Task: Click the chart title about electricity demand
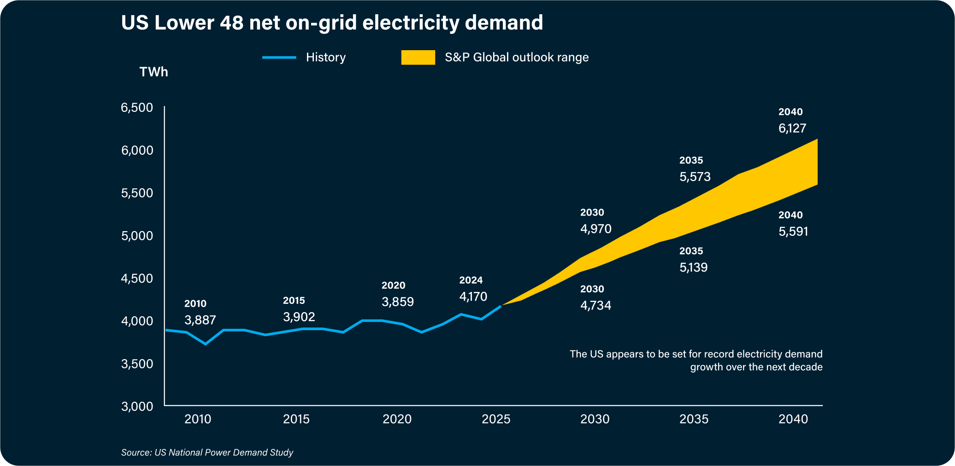[x=332, y=23]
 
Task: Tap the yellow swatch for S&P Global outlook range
[x=418, y=58]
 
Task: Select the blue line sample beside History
[x=279, y=58]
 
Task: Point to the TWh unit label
[x=153, y=72]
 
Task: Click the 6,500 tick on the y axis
[x=137, y=108]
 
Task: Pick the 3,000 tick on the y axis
[x=137, y=406]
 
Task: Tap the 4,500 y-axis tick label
[x=137, y=279]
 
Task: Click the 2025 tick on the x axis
[x=496, y=419]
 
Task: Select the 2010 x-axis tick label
[x=198, y=419]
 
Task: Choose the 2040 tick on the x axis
[x=793, y=419]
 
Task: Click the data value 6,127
[x=792, y=128]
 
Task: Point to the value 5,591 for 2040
[x=793, y=231]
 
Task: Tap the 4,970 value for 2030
[x=595, y=229]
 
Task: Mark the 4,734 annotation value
[x=595, y=305]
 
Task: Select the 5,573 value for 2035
[x=695, y=177]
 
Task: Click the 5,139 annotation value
[x=693, y=268]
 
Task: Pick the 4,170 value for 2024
[x=473, y=297]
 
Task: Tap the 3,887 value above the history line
[x=200, y=320]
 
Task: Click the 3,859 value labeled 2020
[x=398, y=302]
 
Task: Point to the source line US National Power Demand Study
[x=207, y=453]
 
